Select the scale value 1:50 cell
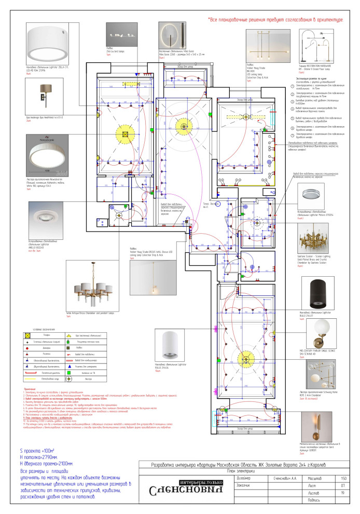pyautogui.click(x=343, y=478)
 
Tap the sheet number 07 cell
pyautogui.click(x=343, y=486)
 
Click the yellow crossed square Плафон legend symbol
pyautogui.click(x=33, y=336)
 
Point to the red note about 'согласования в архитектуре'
pyautogui.click(x=275, y=20)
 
